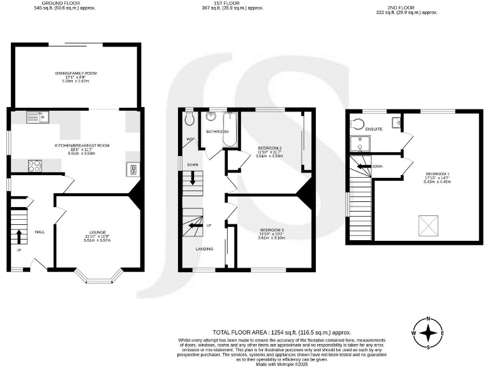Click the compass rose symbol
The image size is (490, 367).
[428, 333]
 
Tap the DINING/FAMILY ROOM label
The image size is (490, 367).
[75, 73]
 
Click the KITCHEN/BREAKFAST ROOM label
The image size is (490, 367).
[82, 145]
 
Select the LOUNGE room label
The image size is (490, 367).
[97, 232]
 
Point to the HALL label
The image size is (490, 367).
[39, 232]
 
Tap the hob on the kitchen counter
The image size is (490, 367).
[35, 166]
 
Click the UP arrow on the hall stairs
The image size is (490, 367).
[19, 237]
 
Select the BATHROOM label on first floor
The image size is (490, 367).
[217, 131]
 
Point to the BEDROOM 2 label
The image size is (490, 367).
[269, 148]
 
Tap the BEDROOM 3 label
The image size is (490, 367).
[272, 229]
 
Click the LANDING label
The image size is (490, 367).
[205, 248]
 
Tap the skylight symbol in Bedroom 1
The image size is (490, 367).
[427, 223]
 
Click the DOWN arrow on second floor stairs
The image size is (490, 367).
[365, 166]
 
